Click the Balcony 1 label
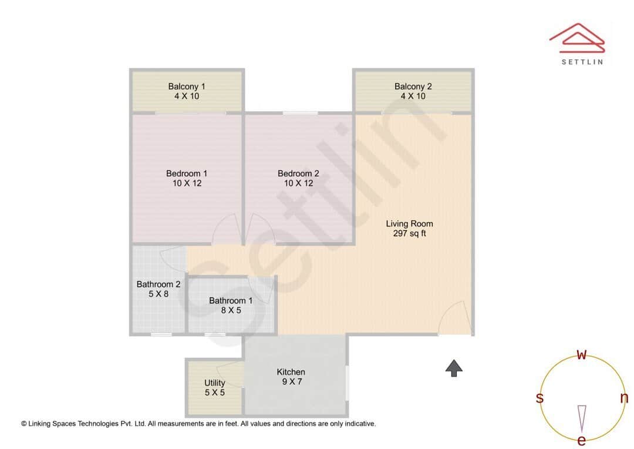pos(187,86)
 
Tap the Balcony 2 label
pos(413,86)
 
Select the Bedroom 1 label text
pos(187,173)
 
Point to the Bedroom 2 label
pos(298,173)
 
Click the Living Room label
pos(409,223)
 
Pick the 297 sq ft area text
pos(409,233)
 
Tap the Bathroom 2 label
pos(158,284)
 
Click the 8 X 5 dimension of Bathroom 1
pos(231,310)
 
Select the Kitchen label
pos(291,371)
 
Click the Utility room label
pos(215,383)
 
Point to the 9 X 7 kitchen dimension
pos(291,381)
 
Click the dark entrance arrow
pos(454,368)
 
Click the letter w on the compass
pos(582,354)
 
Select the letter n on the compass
pos(624,398)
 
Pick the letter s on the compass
pos(539,398)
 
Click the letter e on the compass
pos(582,440)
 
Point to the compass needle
pos(582,417)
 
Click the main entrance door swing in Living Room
pos(456,318)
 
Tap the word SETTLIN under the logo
pos(582,62)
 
